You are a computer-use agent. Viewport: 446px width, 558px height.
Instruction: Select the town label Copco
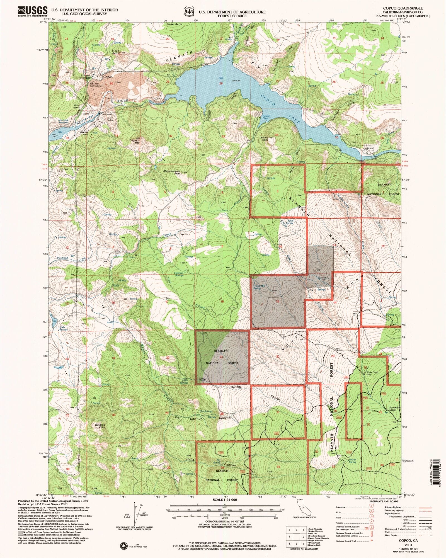(x=108, y=77)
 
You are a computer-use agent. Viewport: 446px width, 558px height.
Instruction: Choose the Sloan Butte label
(x=115, y=52)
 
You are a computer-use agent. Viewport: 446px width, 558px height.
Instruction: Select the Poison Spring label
(x=352, y=461)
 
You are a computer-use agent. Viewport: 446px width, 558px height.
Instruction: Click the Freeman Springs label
(x=179, y=274)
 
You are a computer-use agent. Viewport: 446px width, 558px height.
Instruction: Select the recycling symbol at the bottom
(x=123, y=545)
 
